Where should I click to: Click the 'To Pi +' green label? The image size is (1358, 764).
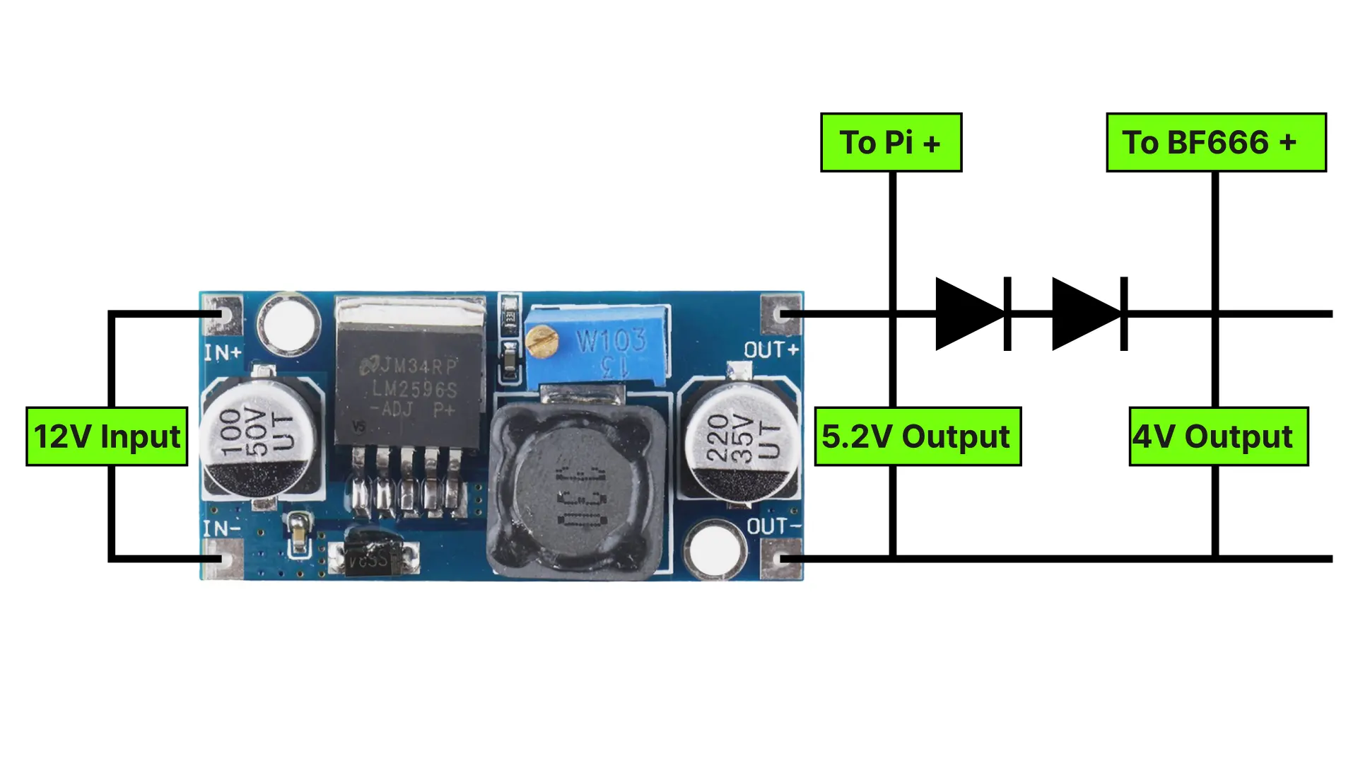point(891,142)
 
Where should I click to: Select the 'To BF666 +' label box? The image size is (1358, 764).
point(1215,142)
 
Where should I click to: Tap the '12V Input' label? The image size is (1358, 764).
point(107,436)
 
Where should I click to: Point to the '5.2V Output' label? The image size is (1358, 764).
point(917,436)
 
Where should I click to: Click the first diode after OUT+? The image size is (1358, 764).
point(973,314)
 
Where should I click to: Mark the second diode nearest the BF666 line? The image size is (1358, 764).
point(1089,314)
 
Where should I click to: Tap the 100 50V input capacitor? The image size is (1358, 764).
point(257,436)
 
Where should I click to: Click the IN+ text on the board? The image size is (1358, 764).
point(223,352)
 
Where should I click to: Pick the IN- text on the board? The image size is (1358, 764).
point(221,528)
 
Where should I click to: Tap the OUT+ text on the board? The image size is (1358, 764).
point(771,349)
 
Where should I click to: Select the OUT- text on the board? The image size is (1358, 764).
point(775,526)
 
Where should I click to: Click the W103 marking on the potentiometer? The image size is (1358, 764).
point(611,340)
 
